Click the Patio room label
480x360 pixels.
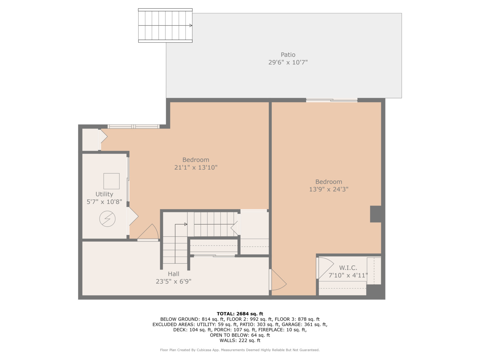(x=288, y=55)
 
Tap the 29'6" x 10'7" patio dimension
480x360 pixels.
(x=288, y=62)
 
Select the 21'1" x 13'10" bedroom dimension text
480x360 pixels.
(x=196, y=168)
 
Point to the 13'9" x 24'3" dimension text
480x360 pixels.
(x=328, y=189)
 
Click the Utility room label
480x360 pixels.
(x=104, y=194)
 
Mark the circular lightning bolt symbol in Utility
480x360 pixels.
(x=107, y=219)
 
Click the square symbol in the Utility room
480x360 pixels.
(x=111, y=181)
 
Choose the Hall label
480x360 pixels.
(x=173, y=274)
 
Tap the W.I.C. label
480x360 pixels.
(x=348, y=268)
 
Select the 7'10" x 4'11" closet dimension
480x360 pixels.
(x=348, y=275)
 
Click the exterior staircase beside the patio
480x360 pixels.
(x=165, y=26)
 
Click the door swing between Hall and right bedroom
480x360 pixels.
(x=278, y=280)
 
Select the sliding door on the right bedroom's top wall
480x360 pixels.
(x=332, y=100)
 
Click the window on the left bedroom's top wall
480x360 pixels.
(x=133, y=126)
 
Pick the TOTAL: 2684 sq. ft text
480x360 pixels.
(x=240, y=314)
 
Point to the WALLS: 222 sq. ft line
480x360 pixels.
(x=240, y=340)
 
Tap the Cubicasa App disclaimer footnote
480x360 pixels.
(x=240, y=350)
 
